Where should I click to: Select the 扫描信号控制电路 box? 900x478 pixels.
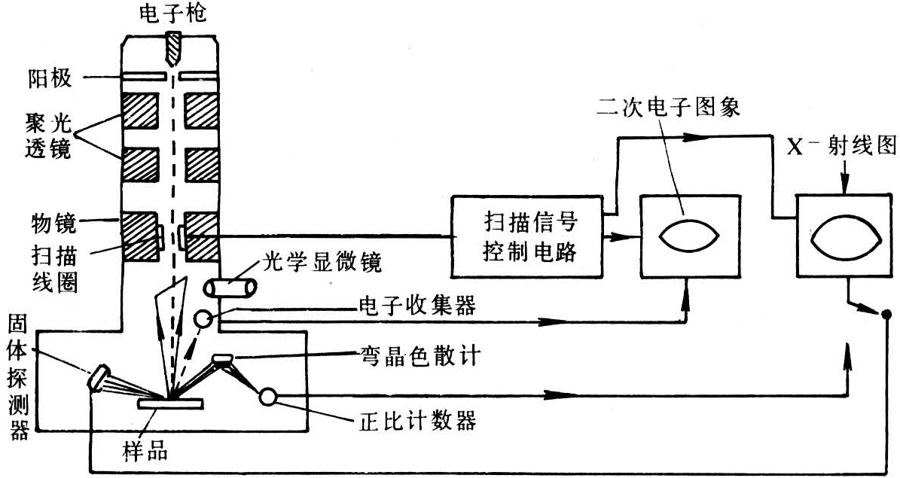click(x=526, y=236)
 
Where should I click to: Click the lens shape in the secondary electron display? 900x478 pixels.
click(x=688, y=236)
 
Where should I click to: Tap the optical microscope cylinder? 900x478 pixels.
click(x=230, y=289)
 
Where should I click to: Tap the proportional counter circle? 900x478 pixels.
click(x=268, y=397)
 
